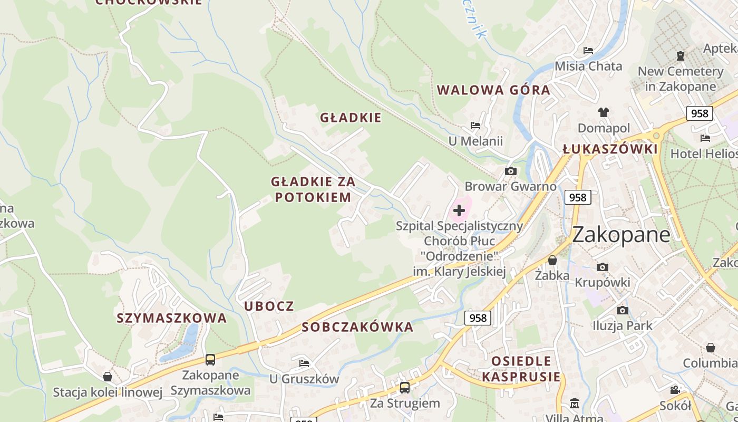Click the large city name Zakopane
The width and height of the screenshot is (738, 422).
tap(621, 235)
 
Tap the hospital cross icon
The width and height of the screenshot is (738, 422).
tap(459, 210)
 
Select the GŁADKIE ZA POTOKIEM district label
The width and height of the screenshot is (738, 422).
tap(313, 189)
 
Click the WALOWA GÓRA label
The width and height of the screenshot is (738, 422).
tap(494, 90)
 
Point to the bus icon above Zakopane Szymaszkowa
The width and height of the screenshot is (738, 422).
tap(210, 360)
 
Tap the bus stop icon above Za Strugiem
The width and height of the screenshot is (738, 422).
tap(405, 388)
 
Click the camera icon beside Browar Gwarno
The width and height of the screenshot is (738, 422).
tap(510, 171)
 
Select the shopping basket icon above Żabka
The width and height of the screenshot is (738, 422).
tap(552, 260)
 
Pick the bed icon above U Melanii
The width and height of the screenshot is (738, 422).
tap(475, 126)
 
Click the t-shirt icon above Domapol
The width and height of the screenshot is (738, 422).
tap(604, 112)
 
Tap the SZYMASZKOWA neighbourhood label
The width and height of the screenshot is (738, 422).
tap(172, 318)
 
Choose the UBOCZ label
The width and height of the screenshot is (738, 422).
tap(269, 306)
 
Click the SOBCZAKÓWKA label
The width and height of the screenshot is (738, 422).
tap(357, 327)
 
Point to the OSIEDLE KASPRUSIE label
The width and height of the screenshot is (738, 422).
tap(521, 369)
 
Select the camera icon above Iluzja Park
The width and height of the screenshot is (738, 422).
tap(623, 310)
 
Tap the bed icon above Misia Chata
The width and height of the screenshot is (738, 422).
tap(588, 51)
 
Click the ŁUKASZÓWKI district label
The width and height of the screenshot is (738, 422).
tap(610, 149)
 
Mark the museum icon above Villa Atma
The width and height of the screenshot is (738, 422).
tap(575, 404)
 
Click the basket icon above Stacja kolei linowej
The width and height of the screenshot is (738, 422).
tap(108, 377)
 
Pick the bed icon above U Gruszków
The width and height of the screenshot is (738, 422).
tap(304, 363)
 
